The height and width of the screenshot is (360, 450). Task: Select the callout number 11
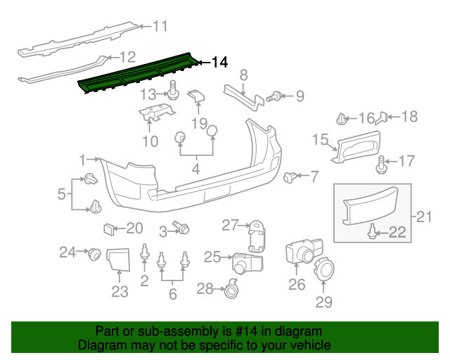coord(160,27)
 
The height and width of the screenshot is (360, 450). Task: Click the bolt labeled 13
coord(172,91)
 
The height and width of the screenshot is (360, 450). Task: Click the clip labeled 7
coord(289,177)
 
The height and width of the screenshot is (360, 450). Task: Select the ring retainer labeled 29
coord(325,269)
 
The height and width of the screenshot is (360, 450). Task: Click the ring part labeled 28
coord(230,287)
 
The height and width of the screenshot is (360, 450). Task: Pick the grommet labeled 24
coord(91,253)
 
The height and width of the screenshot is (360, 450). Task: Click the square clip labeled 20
coord(110,228)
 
